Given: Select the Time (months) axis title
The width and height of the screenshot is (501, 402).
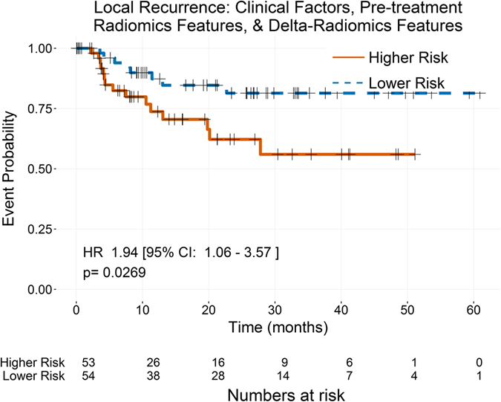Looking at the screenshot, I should pos(278,326).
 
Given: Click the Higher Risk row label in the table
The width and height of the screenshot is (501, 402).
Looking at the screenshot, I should pos(33,362).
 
